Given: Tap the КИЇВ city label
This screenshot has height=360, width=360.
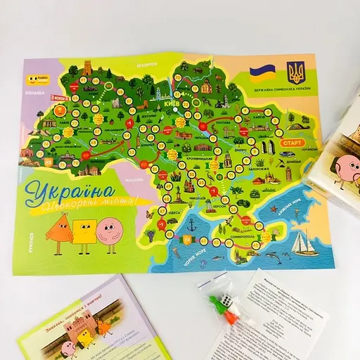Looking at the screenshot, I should [172, 103].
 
